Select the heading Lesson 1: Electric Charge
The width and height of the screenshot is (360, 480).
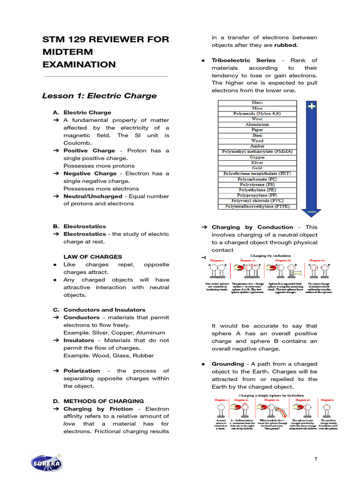point(99,96)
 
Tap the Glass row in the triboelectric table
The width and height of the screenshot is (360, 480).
point(257,103)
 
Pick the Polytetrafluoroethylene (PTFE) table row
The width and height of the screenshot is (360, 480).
point(257,206)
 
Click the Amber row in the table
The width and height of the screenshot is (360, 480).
point(257,146)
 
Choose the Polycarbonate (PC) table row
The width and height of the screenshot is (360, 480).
point(257,179)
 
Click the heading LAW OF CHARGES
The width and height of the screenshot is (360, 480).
point(92,257)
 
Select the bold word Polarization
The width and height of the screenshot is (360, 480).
point(82,371)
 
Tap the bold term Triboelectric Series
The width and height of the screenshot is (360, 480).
point(237,60)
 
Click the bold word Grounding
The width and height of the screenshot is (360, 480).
point(228,364)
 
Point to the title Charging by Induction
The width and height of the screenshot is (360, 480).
point(270,256)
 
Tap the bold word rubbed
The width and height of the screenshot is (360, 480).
point(286,45)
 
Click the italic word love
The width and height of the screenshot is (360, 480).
point(69,424)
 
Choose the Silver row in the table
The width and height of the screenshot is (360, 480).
point(257,162)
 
